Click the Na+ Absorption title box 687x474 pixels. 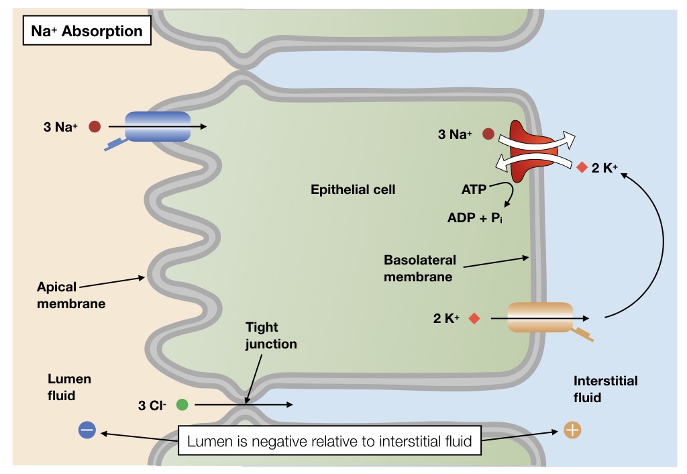87,32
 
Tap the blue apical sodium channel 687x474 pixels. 158,126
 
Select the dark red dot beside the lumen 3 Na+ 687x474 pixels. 95,126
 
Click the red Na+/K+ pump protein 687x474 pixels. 528,151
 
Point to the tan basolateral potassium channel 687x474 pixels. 540,318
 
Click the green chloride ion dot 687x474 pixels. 182,405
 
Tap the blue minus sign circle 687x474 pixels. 87,430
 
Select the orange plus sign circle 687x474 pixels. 572,430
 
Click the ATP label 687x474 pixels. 474,189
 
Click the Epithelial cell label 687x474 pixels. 353,189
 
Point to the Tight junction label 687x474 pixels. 270,336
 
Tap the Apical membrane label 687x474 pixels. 71,295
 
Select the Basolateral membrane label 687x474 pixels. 419,268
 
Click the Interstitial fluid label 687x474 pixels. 605,389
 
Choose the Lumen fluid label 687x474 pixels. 69,387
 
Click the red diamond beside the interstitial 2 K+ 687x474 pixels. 582,167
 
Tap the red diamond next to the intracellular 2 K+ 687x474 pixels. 474,318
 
